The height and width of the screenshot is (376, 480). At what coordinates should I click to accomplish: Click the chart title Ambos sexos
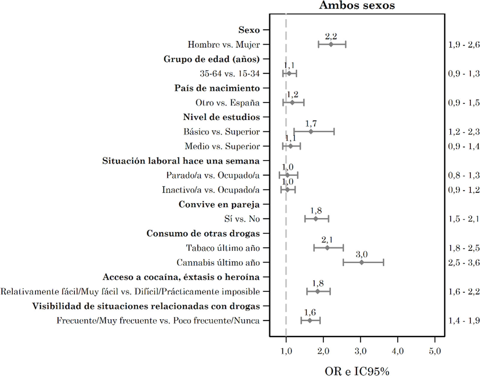click(357, 5)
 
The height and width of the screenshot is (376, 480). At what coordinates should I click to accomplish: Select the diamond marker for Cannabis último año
click(361, 263)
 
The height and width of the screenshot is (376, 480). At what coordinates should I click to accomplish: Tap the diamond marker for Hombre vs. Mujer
click(331, 45)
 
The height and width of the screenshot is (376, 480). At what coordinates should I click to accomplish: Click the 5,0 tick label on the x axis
click(435, 351)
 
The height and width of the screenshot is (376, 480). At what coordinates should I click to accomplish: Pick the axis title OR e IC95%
click(357, 371)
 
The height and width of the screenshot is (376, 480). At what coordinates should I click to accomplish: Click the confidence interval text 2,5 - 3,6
click(464, 263)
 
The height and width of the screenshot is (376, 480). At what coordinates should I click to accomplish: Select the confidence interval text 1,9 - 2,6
click(464, 45)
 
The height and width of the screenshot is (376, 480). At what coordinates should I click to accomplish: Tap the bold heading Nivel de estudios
click(221, 117)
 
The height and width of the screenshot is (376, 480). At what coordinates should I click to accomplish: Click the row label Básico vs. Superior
click(222, 132)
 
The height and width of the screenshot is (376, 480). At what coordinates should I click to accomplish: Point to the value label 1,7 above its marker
click(311, 124)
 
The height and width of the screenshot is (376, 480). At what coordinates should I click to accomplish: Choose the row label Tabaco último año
click(223, 248)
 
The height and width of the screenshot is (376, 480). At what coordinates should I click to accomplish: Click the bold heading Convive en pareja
click(219, 204)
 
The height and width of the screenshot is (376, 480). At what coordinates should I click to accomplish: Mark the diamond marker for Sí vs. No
click(316, 219)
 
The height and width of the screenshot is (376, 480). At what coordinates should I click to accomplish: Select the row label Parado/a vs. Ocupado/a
click(213, 175)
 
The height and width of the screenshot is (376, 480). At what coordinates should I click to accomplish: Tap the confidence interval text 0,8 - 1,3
click(464, 175)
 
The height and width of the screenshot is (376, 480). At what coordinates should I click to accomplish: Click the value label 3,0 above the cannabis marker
click(361, 254)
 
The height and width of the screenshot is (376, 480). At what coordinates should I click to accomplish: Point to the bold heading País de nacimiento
click(217, 88)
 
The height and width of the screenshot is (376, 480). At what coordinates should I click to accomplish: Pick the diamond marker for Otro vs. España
click(292, 103)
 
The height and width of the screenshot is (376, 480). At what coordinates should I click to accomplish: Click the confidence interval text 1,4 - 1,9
click(464, 321)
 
